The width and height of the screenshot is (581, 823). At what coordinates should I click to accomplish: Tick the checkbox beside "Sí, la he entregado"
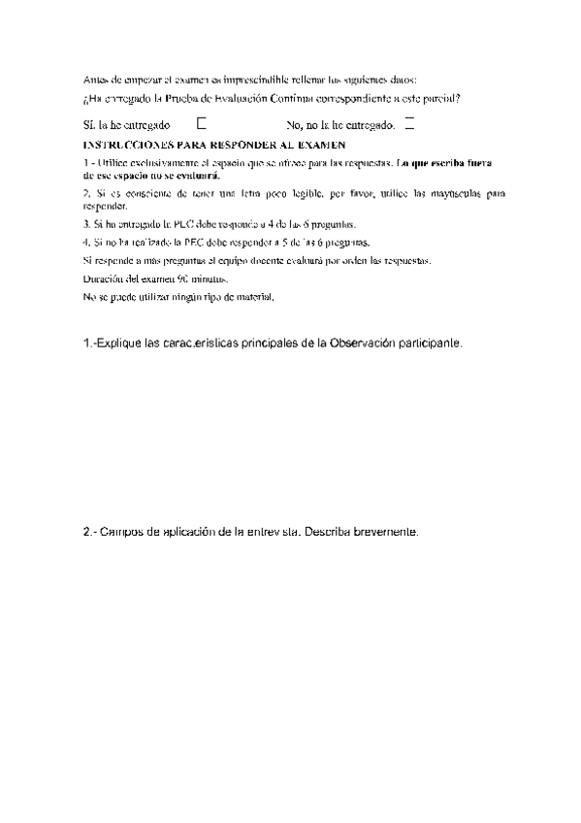pos(202,123)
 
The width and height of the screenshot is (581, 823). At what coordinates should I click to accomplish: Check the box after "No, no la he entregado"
pos(408,123)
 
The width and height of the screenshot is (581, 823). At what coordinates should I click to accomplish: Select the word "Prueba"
pos(180,99)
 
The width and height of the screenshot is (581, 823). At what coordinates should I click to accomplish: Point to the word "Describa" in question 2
pos(330,532)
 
